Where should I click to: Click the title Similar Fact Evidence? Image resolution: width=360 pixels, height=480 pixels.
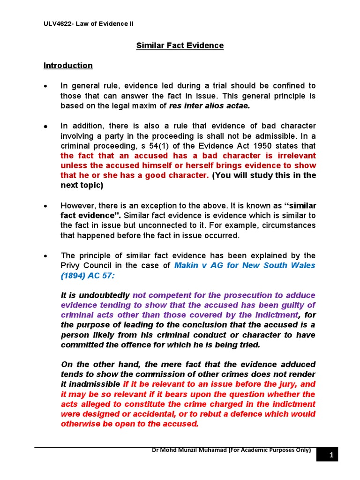coord(180,45)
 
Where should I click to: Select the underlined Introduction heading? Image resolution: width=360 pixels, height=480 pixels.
coord(68,66)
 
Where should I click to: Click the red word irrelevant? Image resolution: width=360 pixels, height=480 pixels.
coord(294,155)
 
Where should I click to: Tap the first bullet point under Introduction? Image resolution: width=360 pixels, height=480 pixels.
coord(45,86)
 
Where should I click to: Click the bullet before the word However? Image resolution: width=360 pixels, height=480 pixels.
coord(45,206)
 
